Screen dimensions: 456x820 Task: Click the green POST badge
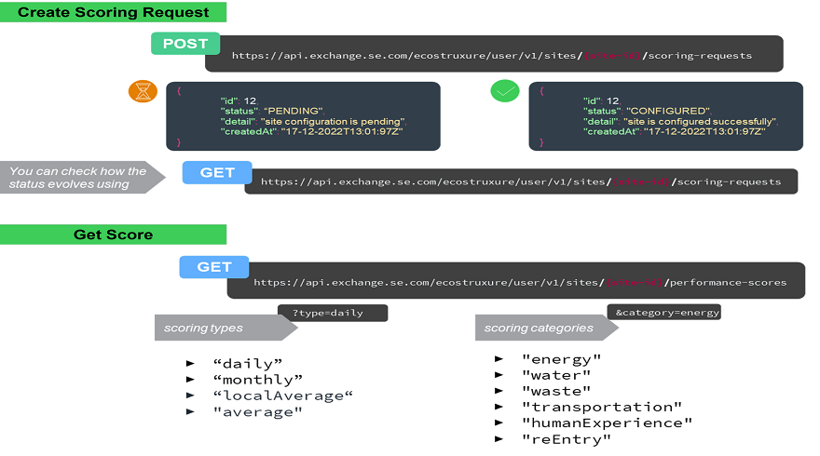point(185,44)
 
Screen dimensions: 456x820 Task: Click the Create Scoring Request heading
point(113,12)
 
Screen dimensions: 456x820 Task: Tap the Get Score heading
point(113,235)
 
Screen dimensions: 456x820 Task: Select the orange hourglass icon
point(143,92)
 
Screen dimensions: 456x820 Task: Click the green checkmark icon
point(504,92)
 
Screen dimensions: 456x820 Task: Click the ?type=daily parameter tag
point(332,313)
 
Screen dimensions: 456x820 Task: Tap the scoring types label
point(203,328)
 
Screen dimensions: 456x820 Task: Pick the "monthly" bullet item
point(258,379)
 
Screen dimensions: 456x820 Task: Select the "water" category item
point(556,375)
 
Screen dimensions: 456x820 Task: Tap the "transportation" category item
point(602,407)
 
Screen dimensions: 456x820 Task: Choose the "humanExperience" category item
point(607,422)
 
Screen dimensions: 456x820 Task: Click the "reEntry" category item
point(566,438)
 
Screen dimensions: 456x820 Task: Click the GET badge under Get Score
point(213,267)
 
